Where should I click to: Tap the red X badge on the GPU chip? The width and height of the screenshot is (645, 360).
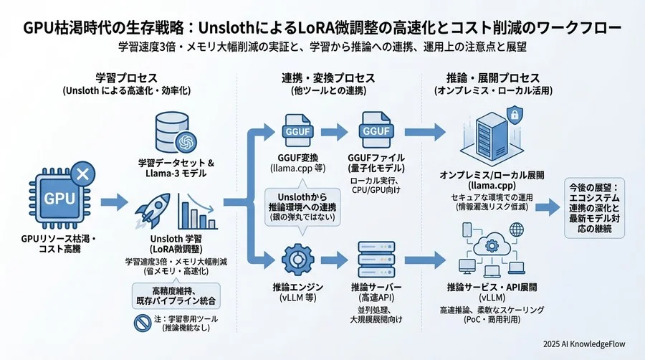(x=82, y=173)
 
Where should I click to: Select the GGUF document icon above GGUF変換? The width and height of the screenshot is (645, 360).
(x=296, y=131)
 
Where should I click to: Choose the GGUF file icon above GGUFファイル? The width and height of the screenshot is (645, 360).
(x=376, y=131)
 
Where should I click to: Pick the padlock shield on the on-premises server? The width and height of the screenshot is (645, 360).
(x=513, y=115)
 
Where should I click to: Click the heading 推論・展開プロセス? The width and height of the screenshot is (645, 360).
(x=487, y=77)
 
